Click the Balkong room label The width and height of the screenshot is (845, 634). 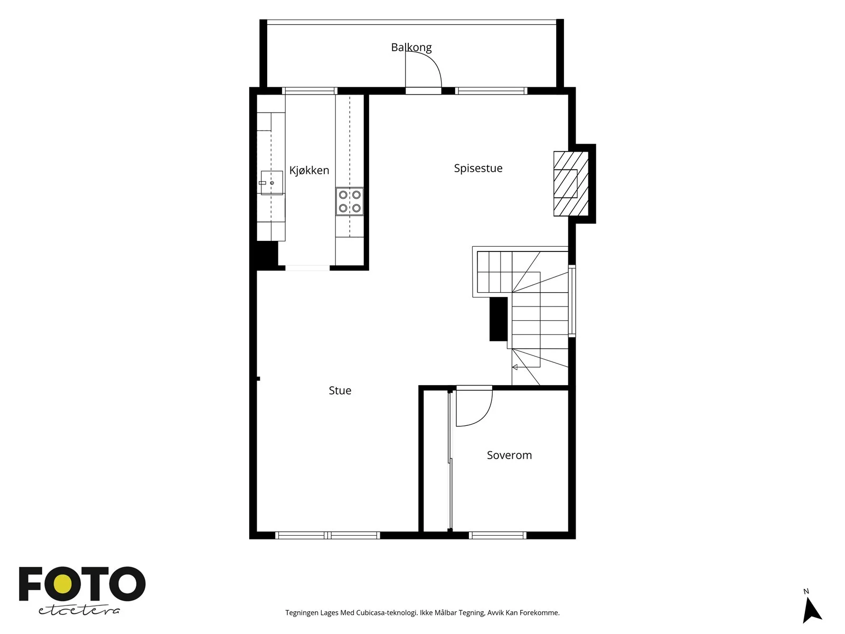tap(411, 48)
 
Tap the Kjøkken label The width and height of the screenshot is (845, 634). tap(309, 170)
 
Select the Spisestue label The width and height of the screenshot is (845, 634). tap(478, 168)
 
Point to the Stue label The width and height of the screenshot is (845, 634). tap(340, 390)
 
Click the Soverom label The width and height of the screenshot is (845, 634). tap(509, 455)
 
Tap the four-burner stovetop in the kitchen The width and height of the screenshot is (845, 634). tap(350, 201)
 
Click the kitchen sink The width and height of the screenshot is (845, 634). tap(272, 183)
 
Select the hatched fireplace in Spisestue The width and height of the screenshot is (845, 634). tap(571, 184)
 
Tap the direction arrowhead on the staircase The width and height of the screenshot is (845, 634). tap(515, 367)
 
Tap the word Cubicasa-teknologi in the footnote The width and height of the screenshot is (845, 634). tap(387, 612)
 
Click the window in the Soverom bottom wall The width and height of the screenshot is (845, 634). tap(497, 535)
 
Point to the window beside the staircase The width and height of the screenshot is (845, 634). tap(572, 301)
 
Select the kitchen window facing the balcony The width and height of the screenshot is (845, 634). tap(309, 91)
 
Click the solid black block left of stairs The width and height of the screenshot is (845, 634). tap(498, 319)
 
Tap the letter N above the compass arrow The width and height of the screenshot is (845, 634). tap(806, 591)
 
